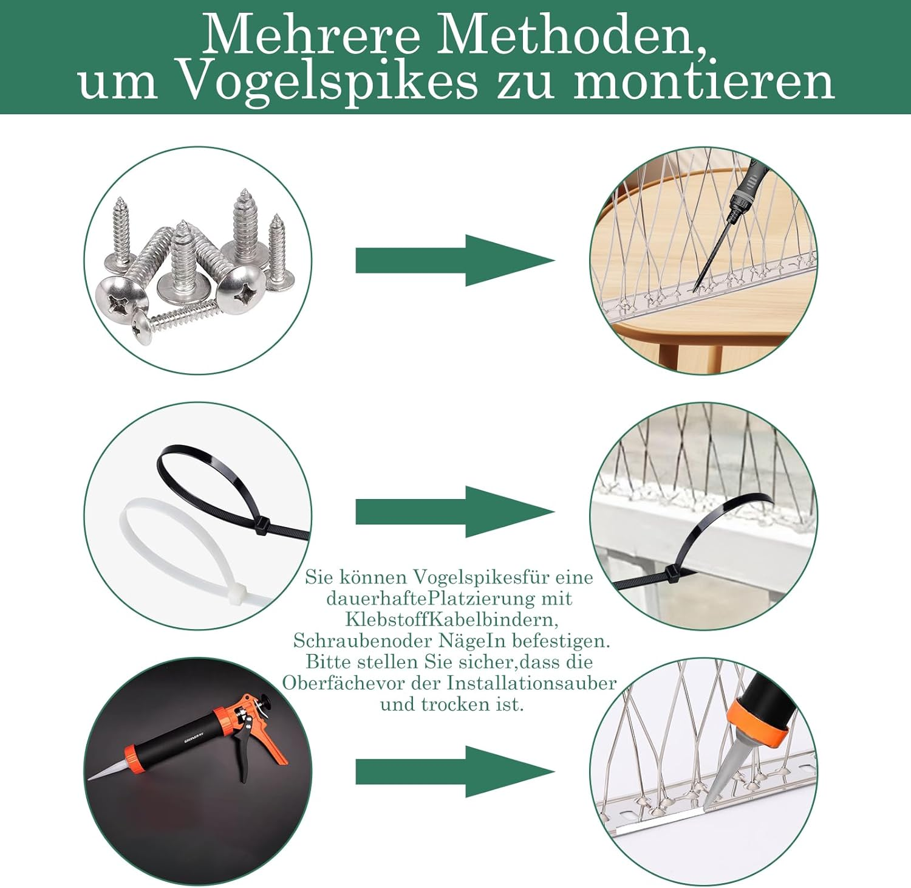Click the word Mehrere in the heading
(311, 35)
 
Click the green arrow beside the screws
(455, 260)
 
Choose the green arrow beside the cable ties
(455, 512)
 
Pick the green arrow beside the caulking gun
(455, 771)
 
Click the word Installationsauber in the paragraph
(531, 683)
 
